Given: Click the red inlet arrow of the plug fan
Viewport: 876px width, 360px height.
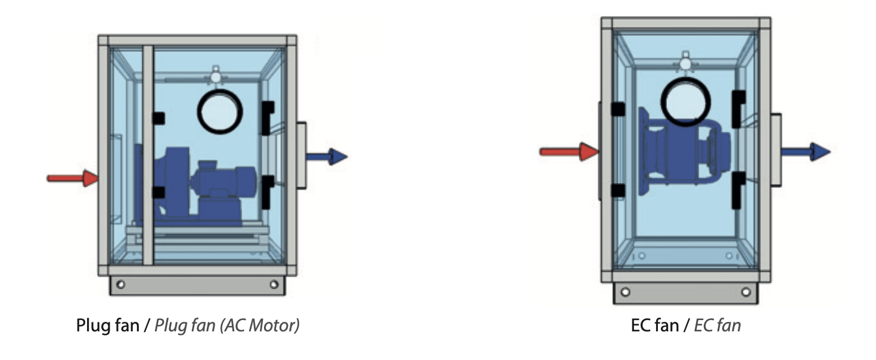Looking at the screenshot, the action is (73, 178).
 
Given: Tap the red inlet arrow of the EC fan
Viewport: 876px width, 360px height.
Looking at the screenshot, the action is (569, 151).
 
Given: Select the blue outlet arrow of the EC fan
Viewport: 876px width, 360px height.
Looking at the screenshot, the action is (806, 152).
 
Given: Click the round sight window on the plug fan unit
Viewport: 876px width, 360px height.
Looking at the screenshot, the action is (220, 111).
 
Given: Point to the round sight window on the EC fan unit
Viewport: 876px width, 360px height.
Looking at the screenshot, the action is (685, 102).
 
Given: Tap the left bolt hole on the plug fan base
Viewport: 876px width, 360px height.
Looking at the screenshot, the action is (121, 284).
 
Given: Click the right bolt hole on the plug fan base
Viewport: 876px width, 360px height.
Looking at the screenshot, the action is (274, 284).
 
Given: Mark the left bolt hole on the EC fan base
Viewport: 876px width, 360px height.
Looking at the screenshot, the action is (625, 292).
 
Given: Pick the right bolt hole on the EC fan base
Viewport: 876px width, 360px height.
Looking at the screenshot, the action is (746, 292).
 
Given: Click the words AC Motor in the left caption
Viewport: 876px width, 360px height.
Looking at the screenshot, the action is (260, 325).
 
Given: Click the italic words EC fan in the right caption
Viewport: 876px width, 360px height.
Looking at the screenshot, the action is (717, 325).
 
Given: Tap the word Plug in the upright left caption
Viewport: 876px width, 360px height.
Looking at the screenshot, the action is (91, 325).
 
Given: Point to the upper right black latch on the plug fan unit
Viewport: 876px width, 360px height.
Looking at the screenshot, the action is (268, 117).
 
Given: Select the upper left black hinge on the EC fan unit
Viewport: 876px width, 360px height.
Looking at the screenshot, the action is (617, 109).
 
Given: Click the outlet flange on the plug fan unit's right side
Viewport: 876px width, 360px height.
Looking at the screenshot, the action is (301, 156).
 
